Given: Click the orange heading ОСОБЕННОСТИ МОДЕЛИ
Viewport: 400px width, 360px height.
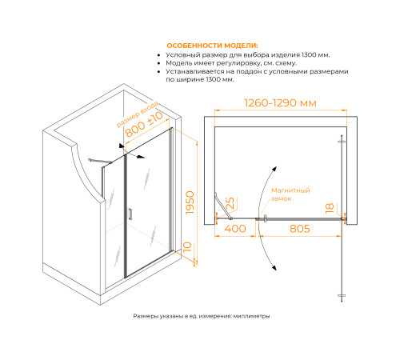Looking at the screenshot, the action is click(x=212, y=46).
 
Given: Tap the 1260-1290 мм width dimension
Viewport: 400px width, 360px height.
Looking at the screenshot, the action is click(x=280, y=103).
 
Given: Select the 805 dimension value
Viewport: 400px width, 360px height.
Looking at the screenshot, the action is click(x=300, y=229).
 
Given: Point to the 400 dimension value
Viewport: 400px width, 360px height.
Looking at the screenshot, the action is click(x=235, y=229).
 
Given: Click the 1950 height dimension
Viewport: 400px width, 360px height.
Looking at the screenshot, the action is click(x=190, y=202).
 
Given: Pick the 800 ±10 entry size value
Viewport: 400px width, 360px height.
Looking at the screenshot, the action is click(x=144, y=124).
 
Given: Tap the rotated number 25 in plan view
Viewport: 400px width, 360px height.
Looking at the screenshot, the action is click(x=230, y=203).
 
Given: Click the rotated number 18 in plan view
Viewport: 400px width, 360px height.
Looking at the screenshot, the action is click(x=330, y=208).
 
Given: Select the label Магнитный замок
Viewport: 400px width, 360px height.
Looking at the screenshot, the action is click(x=290, y=194).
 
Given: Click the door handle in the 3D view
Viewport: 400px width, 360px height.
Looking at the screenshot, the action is click(x=130, y=214).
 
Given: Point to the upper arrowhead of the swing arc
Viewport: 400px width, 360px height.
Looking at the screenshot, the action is click(x=274, y=170).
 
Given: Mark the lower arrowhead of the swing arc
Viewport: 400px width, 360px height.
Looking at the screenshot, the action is click(x=274, y=267).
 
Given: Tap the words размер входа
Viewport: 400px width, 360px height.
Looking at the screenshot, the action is click(x=138, y=114).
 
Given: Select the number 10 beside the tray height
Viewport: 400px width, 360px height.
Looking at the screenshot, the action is click(x=187, y=247).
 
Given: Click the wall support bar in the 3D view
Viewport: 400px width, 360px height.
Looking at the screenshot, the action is click(x=100, y=161).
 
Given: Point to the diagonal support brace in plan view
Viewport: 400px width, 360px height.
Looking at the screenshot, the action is click(x=223, y=206).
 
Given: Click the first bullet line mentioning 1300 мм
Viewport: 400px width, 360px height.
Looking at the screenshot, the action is click(x=248, y=55).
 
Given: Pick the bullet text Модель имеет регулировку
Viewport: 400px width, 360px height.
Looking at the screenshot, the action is click(x=231, y=63).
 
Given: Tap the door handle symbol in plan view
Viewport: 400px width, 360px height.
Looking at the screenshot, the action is click(x=266, y=218).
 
